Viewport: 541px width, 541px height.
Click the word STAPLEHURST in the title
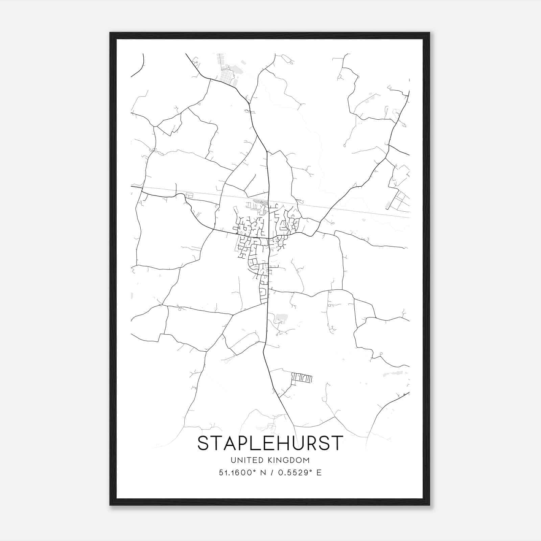click(270, 443)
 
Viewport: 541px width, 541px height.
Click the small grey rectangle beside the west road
click(189, 195)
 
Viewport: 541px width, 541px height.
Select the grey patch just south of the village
click(281, 318)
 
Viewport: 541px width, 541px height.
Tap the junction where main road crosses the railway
click(268, 200)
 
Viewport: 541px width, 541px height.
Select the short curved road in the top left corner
click(141, 66)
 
